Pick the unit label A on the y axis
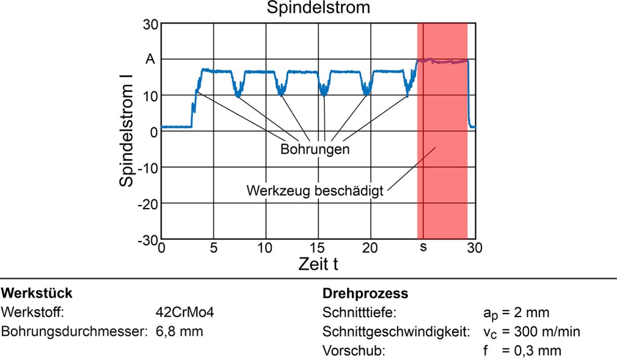(151, 60)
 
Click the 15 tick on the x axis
(318, 248)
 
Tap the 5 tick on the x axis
(213, 248)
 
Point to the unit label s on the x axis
(423, 248)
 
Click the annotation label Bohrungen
(315, 149)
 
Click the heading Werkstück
(37, 294)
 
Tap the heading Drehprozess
(366, 294)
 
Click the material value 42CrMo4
(185, 312)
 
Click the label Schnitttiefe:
(359, 312)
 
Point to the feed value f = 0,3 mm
(518, 350)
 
